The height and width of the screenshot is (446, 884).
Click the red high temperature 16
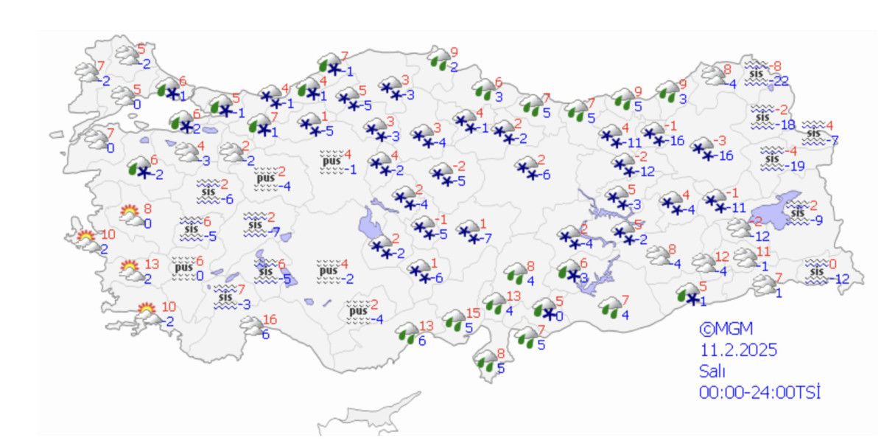(270, 319)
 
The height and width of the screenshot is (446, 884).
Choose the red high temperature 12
(722, 257)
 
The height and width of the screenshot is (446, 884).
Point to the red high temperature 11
(763, 253)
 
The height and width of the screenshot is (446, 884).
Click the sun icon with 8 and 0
(131, 215)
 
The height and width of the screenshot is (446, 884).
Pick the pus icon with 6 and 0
(183, 268)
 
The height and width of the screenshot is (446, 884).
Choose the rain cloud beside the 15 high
(455, 321)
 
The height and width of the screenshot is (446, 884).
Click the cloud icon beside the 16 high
(251, 326)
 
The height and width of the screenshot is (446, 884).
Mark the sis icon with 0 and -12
(816, 271)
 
